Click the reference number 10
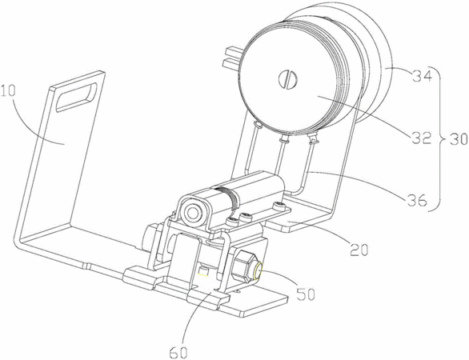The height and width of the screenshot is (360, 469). coord(8,91)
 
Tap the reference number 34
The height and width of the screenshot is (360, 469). coord(423,76)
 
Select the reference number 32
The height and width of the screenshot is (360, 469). coord(423,138)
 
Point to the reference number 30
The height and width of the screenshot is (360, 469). coord(458,139)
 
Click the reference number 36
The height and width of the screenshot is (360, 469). coord(417,201)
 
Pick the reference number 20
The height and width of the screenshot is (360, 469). coord(359,250)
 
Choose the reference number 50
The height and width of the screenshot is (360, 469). coord(306,294)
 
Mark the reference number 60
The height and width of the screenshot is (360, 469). coord(178,353)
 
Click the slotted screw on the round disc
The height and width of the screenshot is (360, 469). coord(287,78)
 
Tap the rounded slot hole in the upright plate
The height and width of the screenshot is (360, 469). coord(77,97)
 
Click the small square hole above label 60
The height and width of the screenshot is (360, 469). coord(204,271)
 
